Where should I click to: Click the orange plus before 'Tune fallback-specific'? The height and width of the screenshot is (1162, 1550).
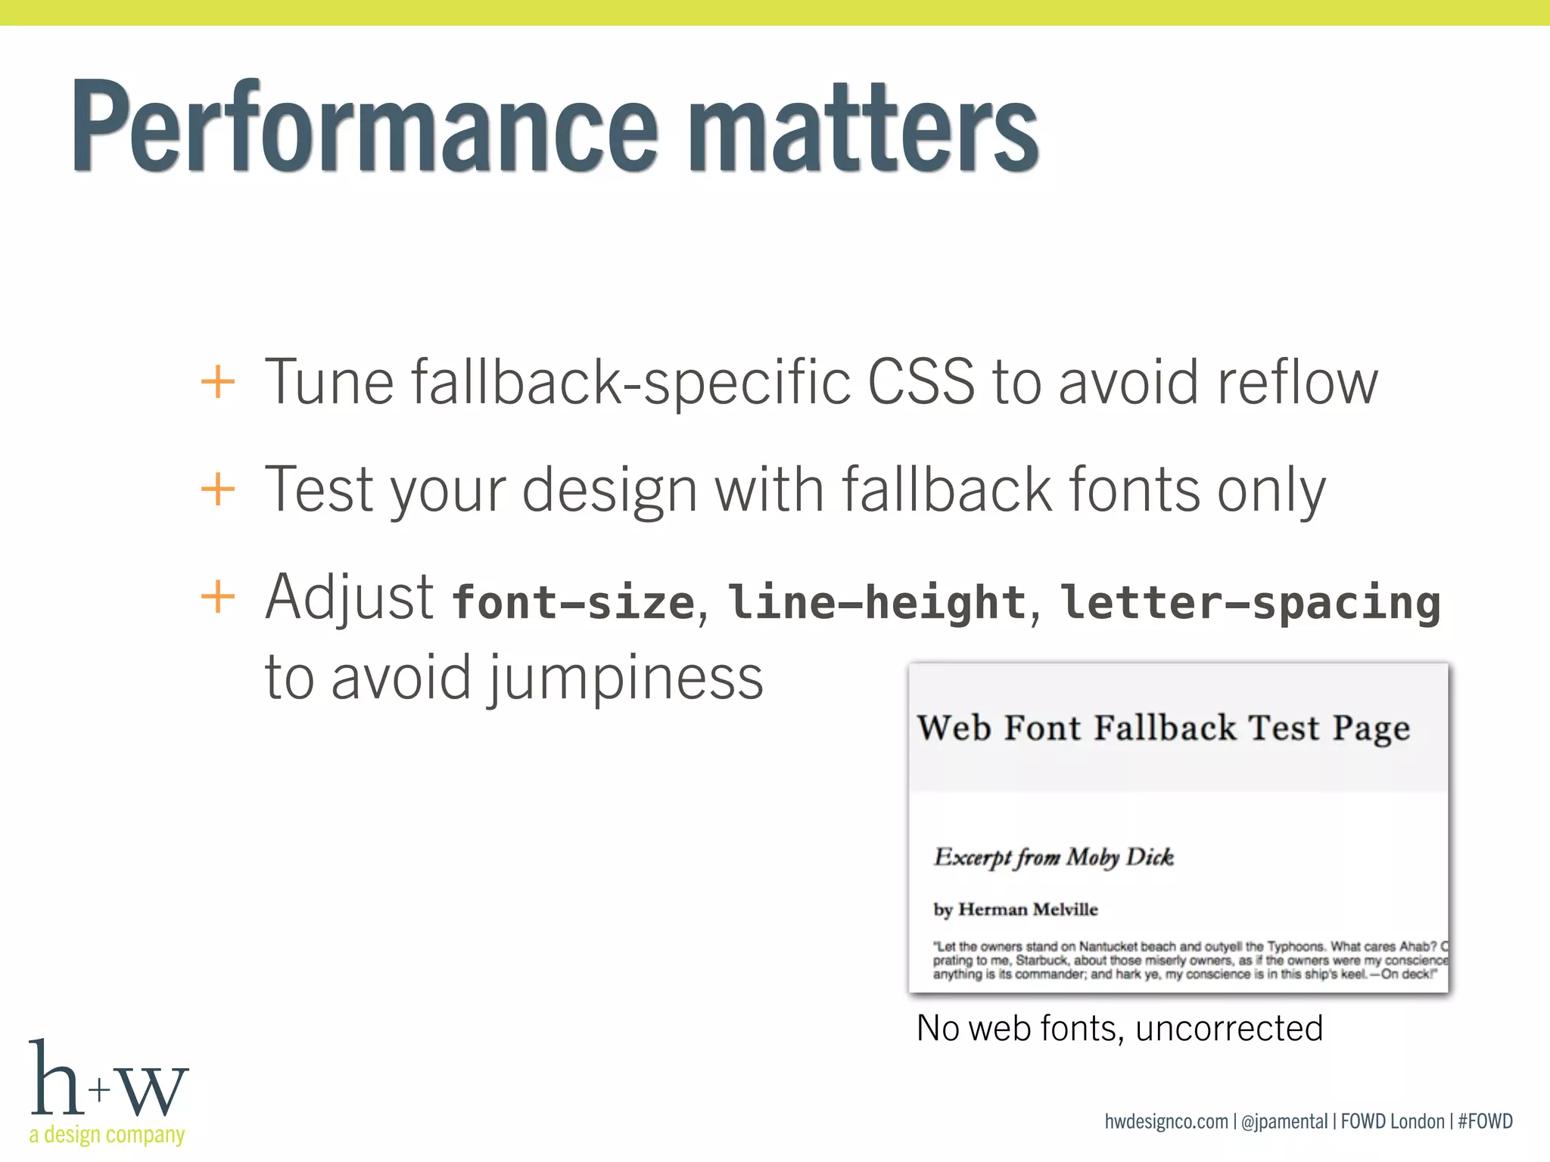[218, 381]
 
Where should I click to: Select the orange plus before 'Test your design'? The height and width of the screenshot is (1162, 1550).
[218, 489]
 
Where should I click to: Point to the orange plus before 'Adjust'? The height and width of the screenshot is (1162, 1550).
[218, 597]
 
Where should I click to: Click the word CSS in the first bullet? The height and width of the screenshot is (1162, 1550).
[921, 381]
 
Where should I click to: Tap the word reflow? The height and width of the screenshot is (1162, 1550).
[1296, 381]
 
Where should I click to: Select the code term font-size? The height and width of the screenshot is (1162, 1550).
[573, 602]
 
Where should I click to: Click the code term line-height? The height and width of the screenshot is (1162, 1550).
[876, 602]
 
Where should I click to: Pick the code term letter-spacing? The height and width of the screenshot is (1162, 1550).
[1250, 602]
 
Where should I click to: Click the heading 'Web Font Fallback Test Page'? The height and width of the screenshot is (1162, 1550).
[1163, 728]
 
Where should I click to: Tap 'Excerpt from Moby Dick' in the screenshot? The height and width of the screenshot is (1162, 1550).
[1054, 857]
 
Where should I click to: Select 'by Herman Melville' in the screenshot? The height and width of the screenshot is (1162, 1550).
[1015, 909]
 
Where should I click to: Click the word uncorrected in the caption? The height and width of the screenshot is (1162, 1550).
[1229, 1029]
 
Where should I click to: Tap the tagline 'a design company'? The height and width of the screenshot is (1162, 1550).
[107, 1135]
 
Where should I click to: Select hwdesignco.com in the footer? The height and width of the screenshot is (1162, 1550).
[1166, 1121]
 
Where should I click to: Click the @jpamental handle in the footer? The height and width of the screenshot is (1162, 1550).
[1284, 1121]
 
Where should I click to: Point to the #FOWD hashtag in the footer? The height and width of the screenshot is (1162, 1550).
[1485, 1121]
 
